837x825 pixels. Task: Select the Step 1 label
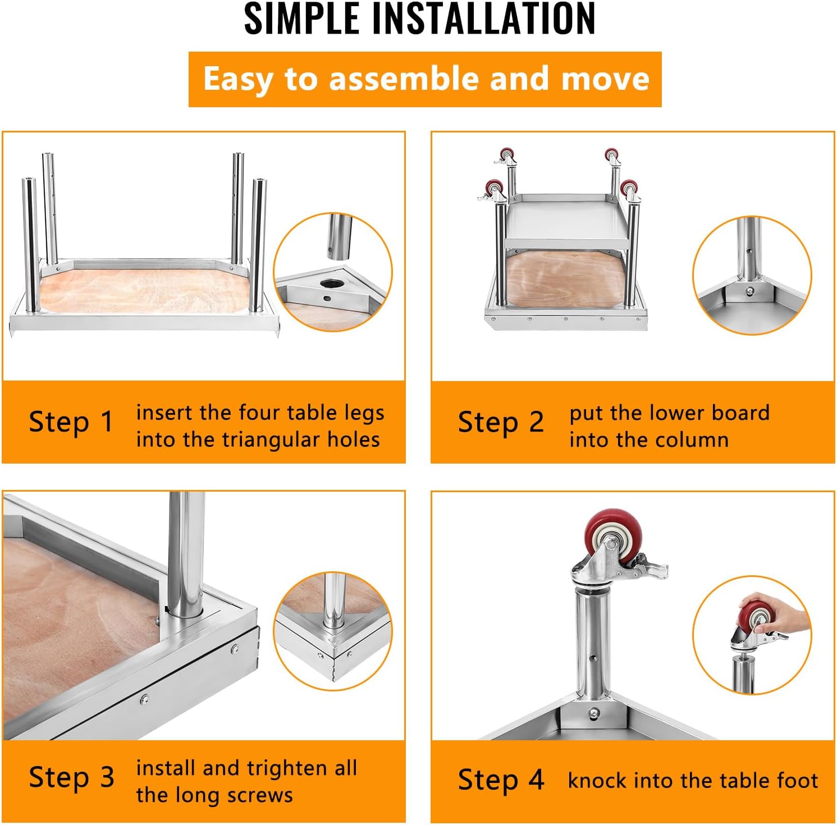click(71, 421)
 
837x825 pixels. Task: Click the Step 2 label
click(501, 421)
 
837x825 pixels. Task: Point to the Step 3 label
click(71, 777)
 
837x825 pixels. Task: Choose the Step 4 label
click(501, 780)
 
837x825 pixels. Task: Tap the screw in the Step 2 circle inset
click(750, 291)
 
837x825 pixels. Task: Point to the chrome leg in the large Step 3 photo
click(184, 556)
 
